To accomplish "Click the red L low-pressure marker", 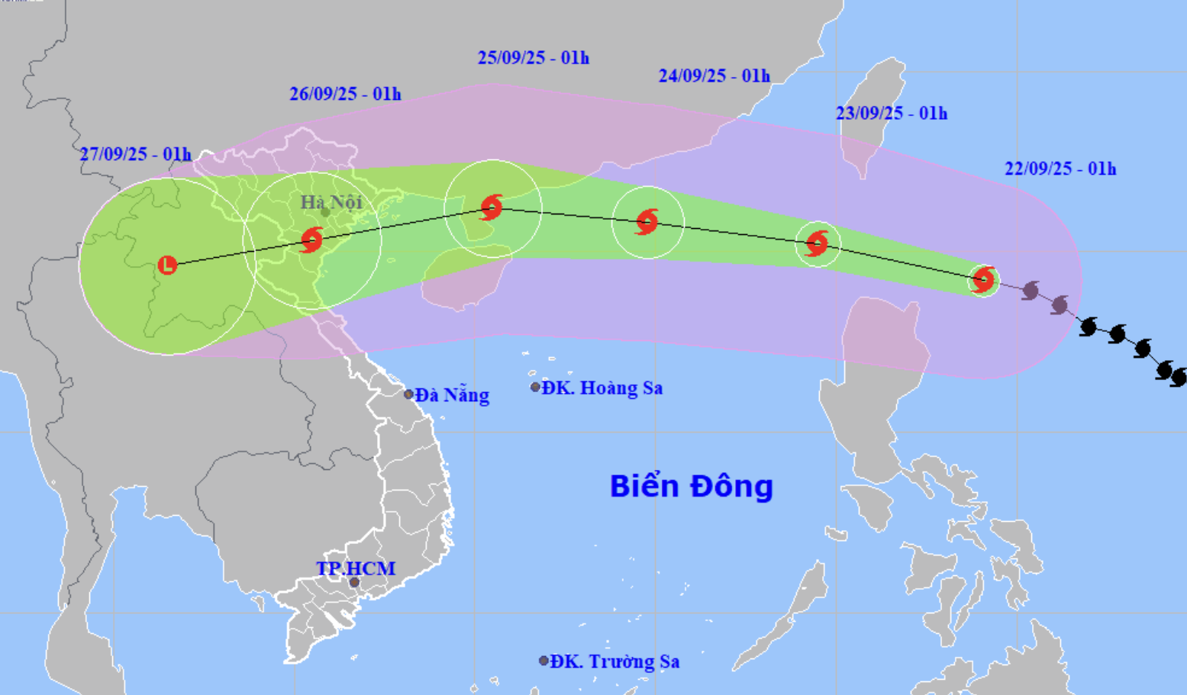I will pos(167,265).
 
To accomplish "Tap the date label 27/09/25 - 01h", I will pos(135,154).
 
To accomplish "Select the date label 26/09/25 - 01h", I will pos(345,94).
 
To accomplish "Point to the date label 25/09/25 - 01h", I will pos(533,58).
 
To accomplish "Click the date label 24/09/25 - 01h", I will pos(714,76).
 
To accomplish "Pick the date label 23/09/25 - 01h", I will pos(891,114).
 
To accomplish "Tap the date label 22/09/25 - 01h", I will pos(1060,169).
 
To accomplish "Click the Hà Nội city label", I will pos(331,202).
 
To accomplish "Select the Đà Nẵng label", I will pos(453,395).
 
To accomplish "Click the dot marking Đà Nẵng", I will pos(409,394).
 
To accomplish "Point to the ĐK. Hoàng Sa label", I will pos(602,388).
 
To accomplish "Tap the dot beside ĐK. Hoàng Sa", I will pos(535,388).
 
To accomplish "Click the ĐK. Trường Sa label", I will pos(614,661).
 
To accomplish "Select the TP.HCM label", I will pos(356,568).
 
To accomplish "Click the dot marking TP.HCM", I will pos(354,583).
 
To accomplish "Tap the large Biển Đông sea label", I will pos(691,486).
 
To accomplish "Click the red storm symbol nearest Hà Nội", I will pos(311,240).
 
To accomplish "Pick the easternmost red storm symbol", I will pos(983,279).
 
